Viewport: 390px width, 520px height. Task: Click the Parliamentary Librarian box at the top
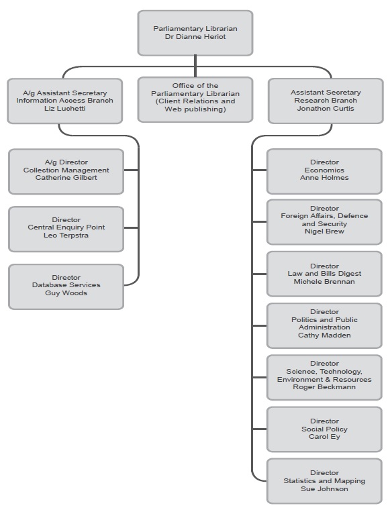click(x=195, y=33)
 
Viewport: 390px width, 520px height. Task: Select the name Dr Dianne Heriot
click(x=195, y=38)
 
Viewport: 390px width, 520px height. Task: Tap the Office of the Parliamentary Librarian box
click(x=195, y=100)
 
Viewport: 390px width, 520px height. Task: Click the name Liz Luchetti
click(x=65, y=109)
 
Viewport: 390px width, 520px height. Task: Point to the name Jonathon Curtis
click(x=326, y=109)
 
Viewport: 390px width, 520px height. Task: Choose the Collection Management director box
click(x=66, y=170)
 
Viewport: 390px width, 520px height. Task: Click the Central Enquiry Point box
click(x=66, y=228)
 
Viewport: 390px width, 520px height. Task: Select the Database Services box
click(x=66, y=286)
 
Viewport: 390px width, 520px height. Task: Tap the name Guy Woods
click(x=66, y=293)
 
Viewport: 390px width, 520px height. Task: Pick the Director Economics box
click(x=325, y=170)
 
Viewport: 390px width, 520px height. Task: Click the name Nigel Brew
click(x=325, y=231)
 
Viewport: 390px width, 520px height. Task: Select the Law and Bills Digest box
click(x=325, y=274)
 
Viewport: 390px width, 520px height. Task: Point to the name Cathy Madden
click(x=325, y=335)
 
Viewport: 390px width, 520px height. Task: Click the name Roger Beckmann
click(x=325, y=387)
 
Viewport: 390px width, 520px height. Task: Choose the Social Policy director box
click(x=325, y=429)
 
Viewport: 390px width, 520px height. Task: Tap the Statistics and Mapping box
click(x=325, y=481)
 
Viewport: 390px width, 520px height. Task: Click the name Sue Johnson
click(x=325, y=489)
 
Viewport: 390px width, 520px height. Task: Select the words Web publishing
click(x=195, y=109)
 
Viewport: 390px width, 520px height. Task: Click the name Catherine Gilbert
click(x=66, y=178)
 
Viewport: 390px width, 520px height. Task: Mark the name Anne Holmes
click(x=325, y=178)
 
